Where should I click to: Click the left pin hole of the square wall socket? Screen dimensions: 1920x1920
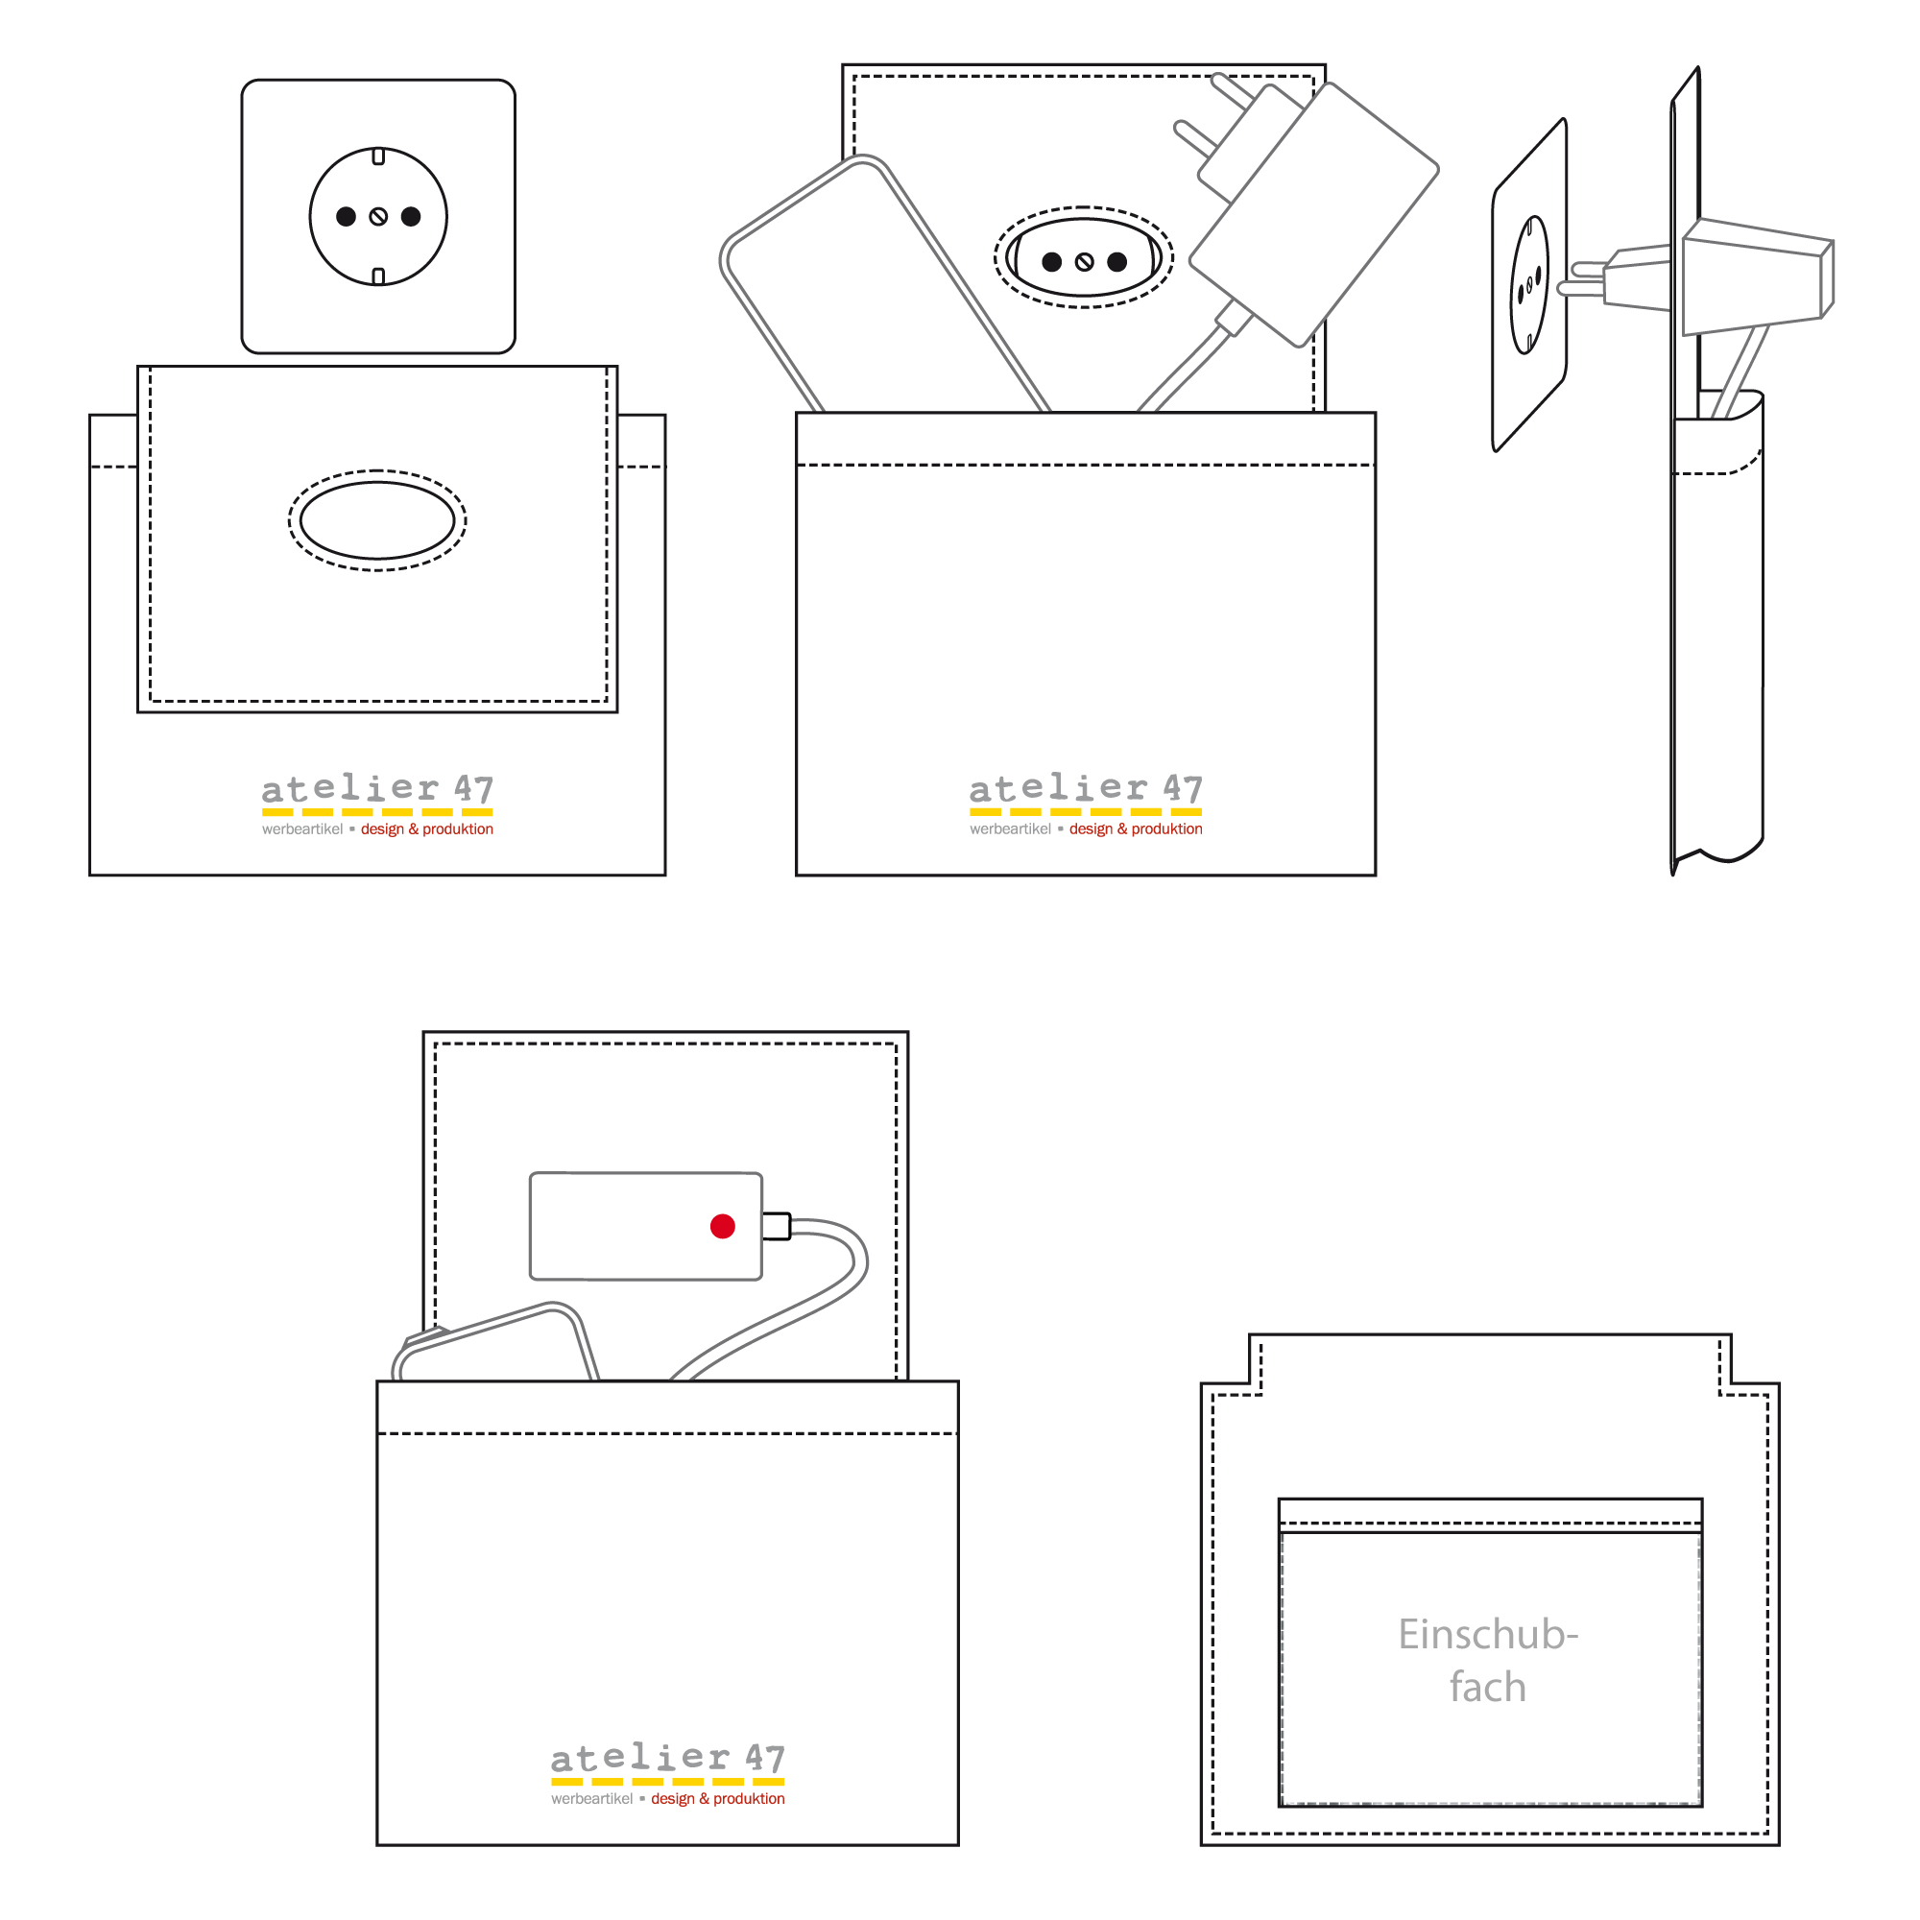click(x=346, y=217)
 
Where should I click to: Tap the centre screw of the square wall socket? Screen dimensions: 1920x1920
click(x=378, y=217)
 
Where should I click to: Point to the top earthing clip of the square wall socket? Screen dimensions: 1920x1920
click(x=378, y=157)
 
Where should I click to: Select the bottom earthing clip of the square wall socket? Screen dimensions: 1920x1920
click(x=378, y=276)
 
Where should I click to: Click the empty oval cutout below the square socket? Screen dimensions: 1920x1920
click(x=377, y=519)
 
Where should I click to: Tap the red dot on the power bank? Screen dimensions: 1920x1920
click(x=723, y=1226)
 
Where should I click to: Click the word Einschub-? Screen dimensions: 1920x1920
click(x=1488, y=1635)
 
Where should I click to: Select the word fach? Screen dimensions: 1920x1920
click(x=1488, y=1688)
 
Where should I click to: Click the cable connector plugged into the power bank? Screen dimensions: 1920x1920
click(x=776, y=1226)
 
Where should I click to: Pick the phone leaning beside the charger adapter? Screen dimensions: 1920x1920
click(x=875, y=288)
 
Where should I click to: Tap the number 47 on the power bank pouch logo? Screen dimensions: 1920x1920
click(x=765, y=1758)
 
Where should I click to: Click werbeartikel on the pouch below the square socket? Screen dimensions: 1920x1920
click(x=302, y=828)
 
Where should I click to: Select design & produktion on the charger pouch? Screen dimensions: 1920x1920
click(x=1136, y=828)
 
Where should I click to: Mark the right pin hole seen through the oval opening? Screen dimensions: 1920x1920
click(x=1117, y=261)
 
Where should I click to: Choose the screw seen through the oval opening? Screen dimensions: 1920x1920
click(x=1084, y=262)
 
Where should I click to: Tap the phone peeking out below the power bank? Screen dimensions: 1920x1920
click(x=497, y=1347)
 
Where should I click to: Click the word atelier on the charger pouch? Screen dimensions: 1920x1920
click(x=1058, y=789)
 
